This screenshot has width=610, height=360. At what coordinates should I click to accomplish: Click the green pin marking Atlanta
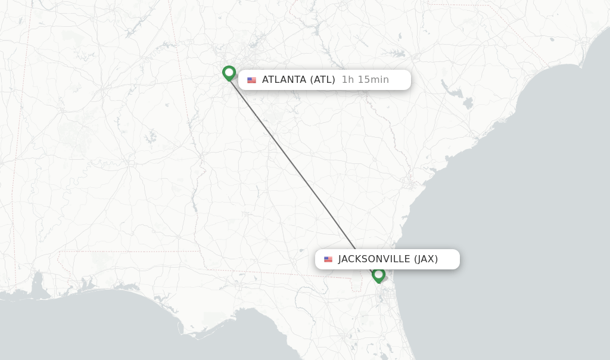tap(229, 73)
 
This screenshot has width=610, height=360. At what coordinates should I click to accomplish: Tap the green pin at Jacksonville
tap(378, 275)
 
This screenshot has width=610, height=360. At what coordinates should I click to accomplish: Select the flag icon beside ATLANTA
tap(252, 80)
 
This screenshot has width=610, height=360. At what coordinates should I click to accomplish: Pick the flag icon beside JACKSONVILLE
tap(328, 259)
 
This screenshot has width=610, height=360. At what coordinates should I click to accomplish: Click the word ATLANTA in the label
tap(284, 80)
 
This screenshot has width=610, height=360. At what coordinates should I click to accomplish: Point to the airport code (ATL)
tap(322, 80)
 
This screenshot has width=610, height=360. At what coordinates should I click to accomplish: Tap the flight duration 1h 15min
tap(365, 80)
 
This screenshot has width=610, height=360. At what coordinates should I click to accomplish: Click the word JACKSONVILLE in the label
tap(374, 259)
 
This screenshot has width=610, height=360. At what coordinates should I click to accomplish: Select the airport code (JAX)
tap(426, 259)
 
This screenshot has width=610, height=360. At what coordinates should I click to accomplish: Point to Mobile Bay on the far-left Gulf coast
tap(39, 283)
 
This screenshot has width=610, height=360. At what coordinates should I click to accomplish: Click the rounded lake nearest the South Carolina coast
tap(468, 103)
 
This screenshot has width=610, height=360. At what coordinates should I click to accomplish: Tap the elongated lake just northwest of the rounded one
tap(456, 92)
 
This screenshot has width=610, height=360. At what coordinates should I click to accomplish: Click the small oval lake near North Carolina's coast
tap(552, 39)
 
